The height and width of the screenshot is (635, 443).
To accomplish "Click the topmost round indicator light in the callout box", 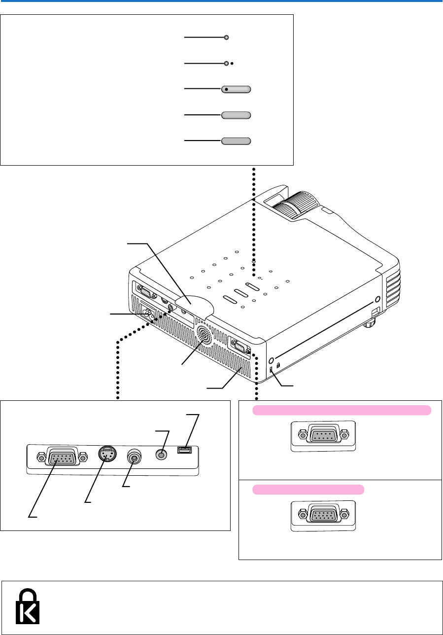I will coord(226,37).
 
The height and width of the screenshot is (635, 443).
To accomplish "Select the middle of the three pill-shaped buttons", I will coord(236,115).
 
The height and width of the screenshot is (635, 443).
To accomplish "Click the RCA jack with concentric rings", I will coord(134,457).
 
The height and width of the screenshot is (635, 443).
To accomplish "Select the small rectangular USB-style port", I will coord(185,450).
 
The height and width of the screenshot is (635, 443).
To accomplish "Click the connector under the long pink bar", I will coord(323,435).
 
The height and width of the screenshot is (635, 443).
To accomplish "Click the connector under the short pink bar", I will coord(323,515).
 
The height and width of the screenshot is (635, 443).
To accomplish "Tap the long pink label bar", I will coord(342,410).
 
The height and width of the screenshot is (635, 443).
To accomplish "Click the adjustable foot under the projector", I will coord(369,324).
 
